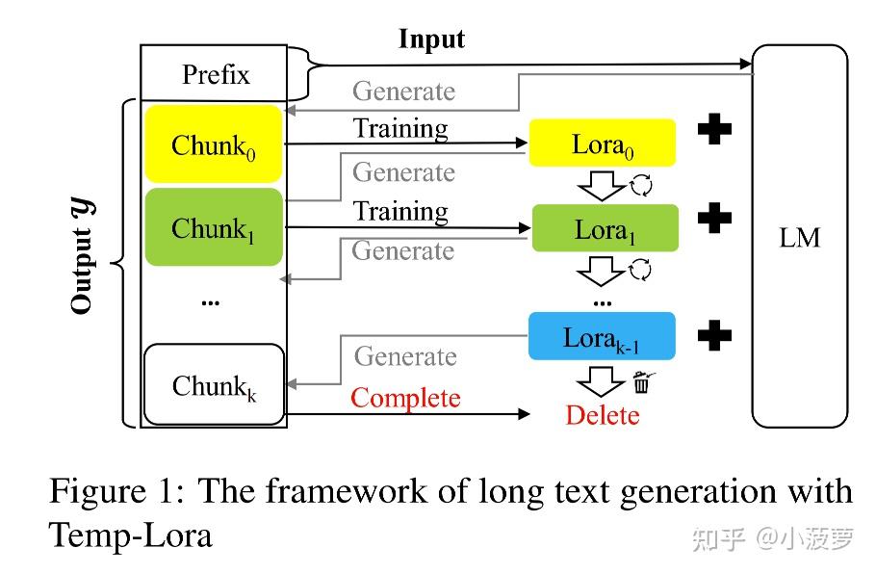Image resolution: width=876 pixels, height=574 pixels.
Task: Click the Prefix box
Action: click(214, 73)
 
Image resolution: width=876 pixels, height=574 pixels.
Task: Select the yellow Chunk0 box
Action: click(214, 144)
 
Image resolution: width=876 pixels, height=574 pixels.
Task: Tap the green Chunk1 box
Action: click(214, 227)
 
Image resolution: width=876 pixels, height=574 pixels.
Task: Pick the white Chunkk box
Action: click(214, 384)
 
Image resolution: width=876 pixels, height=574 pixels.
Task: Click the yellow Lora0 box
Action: click(603, 143)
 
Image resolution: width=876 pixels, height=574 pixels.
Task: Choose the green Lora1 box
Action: click(605, 228)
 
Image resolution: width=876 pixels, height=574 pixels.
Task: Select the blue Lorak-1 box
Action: click(602, 336)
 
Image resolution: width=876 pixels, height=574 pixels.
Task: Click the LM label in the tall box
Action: click(799, 238)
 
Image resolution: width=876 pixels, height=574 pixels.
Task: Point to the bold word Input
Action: click(431, 40)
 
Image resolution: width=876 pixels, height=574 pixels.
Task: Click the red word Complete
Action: click(405, 399)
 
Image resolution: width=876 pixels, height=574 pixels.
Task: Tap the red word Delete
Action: click(603, 415)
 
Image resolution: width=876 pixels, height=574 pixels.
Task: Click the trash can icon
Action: click(642, 382)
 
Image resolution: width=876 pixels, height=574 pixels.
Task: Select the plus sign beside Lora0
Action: click(714, 129)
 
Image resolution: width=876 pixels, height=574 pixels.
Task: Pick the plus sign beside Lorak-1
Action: click(714, 335)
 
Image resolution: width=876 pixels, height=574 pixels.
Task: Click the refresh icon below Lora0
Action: click(641, 185)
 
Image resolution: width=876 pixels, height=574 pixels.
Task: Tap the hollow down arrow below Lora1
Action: click(601, 271)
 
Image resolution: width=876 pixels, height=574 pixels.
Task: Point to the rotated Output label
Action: click(83, 256)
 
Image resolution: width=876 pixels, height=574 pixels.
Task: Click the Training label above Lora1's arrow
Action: click(400, 212)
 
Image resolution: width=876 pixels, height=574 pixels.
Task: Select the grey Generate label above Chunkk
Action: click(405, 356)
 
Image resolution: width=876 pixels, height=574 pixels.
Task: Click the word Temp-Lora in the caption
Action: click(131, 535)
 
